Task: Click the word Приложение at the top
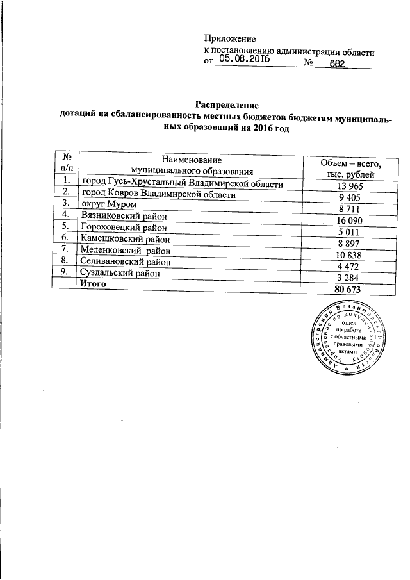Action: click(230, 40)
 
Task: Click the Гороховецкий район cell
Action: click(124, 226)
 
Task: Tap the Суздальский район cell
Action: click(119, 272)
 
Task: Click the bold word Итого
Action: click(92, 283)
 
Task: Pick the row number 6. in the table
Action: click(65, 238)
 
